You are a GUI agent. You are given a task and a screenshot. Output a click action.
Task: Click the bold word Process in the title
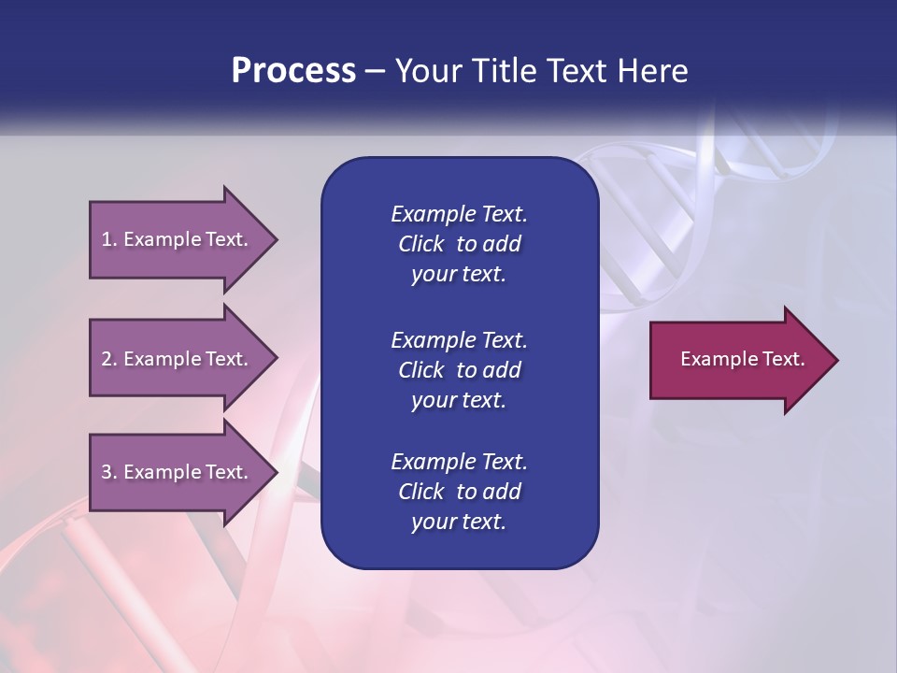[x=293, y=71]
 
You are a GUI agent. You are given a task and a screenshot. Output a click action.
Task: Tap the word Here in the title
[x=652, y=71]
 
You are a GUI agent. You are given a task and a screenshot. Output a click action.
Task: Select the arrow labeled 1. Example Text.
[x=178, y=239]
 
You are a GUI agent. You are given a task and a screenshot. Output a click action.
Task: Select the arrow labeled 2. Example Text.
[x=178, y=359]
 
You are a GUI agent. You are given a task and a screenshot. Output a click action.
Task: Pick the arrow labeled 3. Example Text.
[x=178, y=472]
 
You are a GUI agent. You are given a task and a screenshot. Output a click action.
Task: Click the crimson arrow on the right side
[x=738, y=359]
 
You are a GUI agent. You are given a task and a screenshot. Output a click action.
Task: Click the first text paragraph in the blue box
[x=459, y=244]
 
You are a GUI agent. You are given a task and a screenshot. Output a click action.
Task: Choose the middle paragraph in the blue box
[x=459, y=370]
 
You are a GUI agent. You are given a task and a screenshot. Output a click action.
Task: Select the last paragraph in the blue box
[x=459, y=492]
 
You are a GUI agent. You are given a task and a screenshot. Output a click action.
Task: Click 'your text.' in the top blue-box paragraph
[x=459, y=275]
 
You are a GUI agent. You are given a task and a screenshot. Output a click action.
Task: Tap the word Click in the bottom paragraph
[x=421, y=492]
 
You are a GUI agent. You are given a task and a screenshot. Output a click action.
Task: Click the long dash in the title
[x=376, y=71]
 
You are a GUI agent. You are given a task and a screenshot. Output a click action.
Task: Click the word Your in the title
[x=426, y=71]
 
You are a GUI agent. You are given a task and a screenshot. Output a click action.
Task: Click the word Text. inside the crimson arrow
[x=780, y=359]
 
